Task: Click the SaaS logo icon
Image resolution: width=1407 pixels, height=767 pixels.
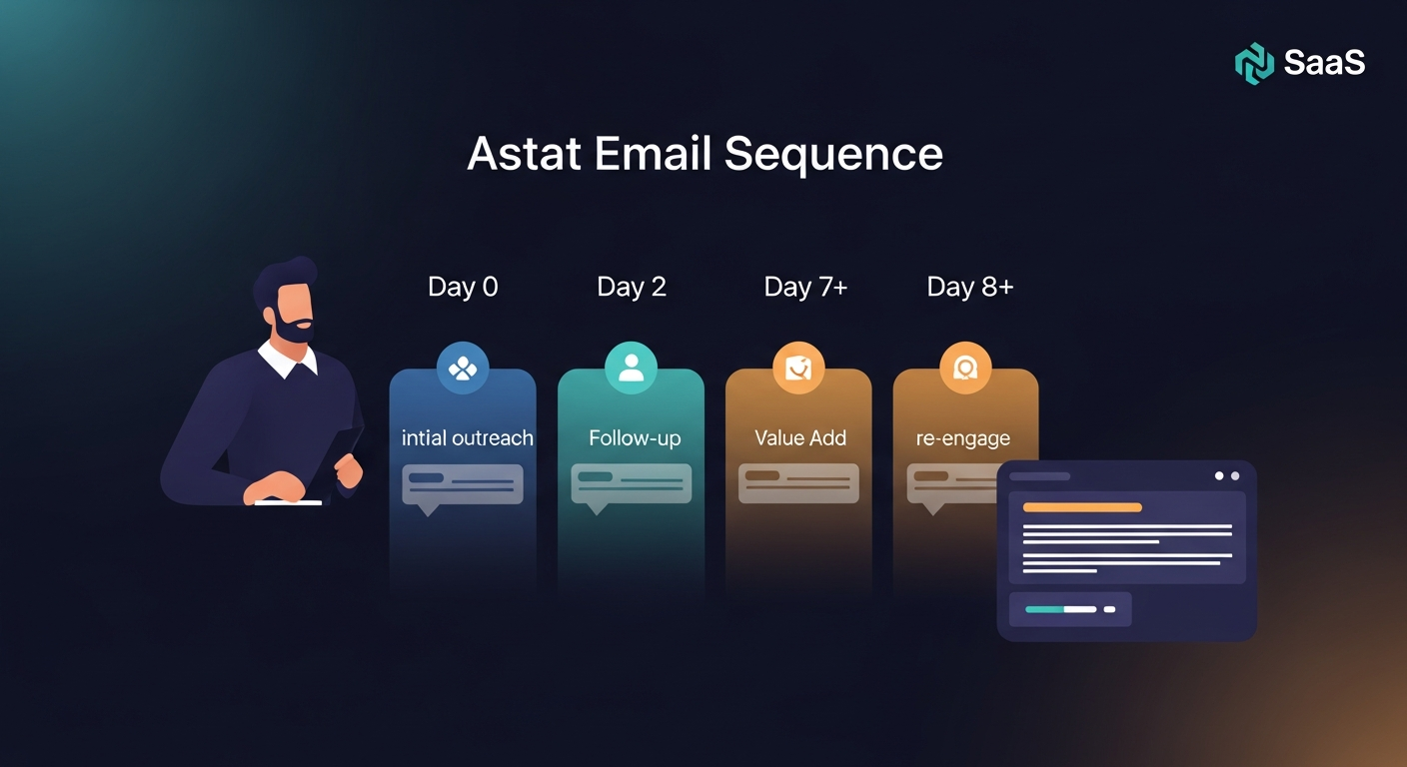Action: click(1254, 63)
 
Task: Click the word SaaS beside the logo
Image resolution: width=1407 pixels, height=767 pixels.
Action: click(1324, 63)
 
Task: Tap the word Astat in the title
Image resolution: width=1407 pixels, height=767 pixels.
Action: click(523, 154)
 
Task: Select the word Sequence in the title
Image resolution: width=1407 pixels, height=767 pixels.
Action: click(833, 154)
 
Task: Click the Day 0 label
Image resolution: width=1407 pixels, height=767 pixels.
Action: click(463, 288)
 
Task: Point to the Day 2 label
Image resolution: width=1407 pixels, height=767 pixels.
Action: click(632, 288)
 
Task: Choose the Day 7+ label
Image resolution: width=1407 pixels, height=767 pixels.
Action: click(805, 288)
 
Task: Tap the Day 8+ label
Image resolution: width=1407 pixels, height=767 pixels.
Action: click(969, 288)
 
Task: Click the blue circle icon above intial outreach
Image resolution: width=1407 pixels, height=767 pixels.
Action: click(463, 369)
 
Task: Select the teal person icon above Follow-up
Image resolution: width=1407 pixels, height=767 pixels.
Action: click(631, 369)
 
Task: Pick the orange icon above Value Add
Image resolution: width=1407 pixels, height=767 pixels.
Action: click(798, 369)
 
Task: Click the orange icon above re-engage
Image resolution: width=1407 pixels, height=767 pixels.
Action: click(965, 369)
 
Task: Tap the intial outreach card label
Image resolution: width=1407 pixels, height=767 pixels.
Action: click(467, 438)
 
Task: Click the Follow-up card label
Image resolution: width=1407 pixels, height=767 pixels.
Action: click(635, 438)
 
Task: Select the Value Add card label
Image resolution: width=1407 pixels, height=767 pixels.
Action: click(800, 438)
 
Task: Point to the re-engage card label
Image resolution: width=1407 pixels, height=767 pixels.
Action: click(962, 438)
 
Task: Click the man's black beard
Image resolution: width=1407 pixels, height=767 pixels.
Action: click(293, 330)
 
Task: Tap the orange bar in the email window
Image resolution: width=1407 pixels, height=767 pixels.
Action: click(1082, 507)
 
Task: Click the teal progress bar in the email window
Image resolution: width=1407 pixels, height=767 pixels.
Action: click(1060, 609)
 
